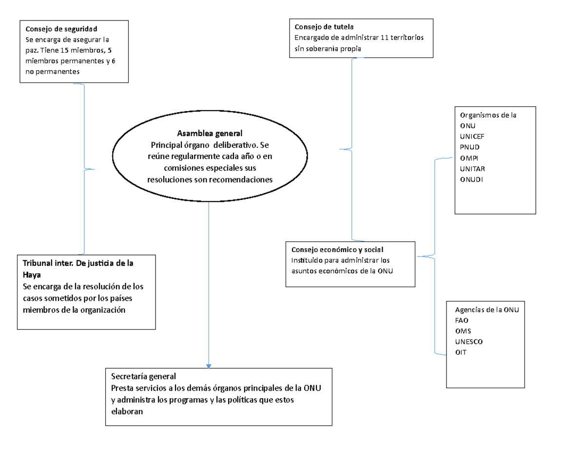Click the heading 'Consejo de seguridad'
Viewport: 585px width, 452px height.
point(61,29)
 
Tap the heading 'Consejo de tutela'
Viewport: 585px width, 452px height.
point(324,27)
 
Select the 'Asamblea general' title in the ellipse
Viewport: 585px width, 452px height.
point(210,133)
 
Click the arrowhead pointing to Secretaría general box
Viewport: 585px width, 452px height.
point(208,366)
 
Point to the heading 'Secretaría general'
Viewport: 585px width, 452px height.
point(143,376)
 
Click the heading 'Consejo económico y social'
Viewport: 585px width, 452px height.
point(337,250)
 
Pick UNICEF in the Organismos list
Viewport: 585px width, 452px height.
point(472,137)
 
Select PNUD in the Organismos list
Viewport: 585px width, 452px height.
point(469,147)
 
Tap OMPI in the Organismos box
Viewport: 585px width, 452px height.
point(469,158)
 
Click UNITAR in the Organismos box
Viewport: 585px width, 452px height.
point(472,169)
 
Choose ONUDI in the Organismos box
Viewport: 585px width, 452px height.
point(471,179)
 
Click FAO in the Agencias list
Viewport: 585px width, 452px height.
point(462,320)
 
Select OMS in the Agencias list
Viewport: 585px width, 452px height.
point(463,331)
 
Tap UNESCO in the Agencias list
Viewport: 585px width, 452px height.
point(468,342)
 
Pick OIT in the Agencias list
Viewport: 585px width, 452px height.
point(461,352)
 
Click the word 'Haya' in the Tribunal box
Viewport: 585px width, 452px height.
point(32,275)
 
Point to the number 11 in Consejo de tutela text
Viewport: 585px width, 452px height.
point(384,38)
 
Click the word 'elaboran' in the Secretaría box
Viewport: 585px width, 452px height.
point(127,412)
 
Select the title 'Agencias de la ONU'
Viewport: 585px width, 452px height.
point(487,310)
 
